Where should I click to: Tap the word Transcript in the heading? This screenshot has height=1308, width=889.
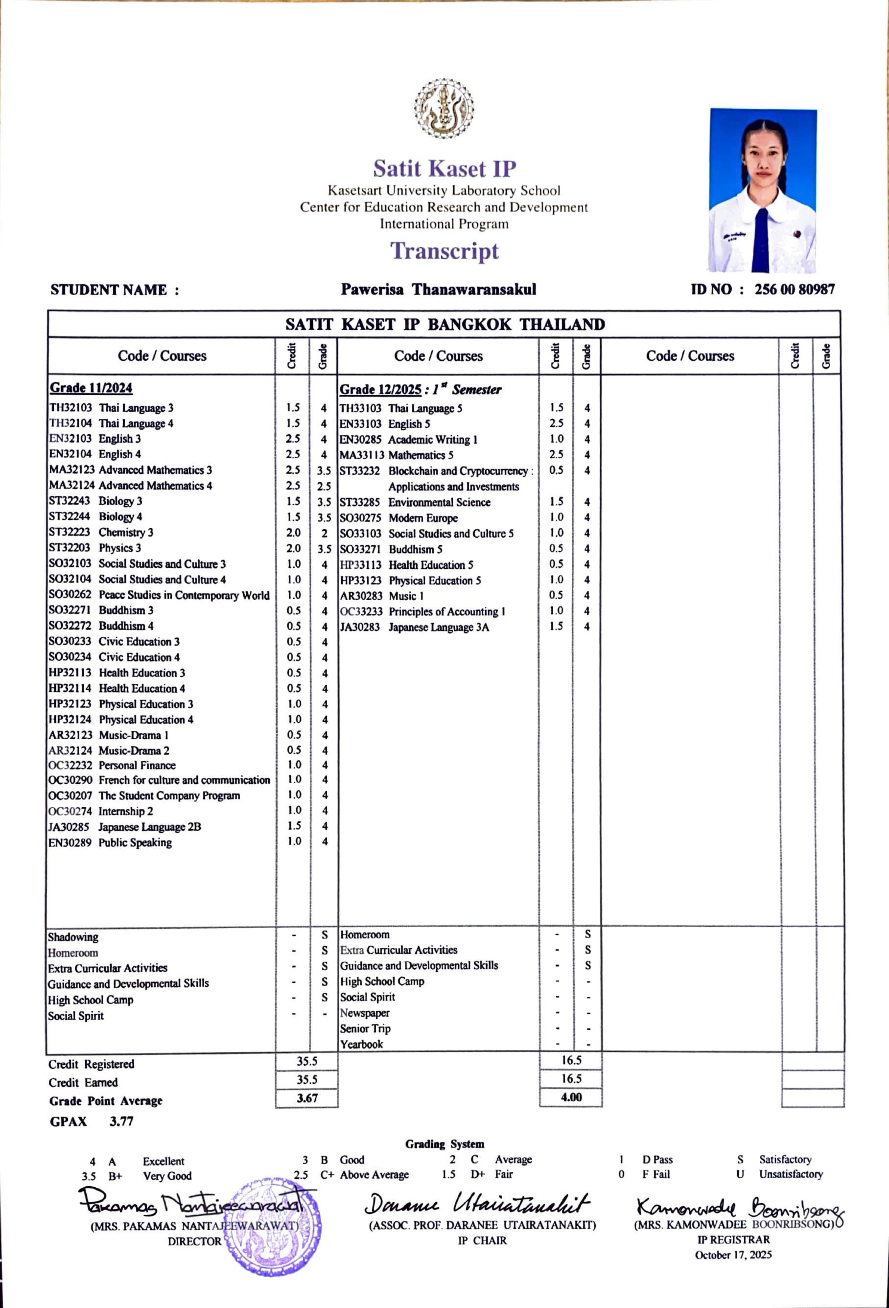click(x=445, y=251)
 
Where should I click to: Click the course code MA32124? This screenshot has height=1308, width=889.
click(x=71, y=485)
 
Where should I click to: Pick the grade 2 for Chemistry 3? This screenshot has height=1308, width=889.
click(x=324, y=533)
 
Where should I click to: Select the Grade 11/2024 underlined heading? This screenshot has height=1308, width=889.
click(x=91, y=388)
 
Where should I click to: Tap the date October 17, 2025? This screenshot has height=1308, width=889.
click(x=733, y=1255)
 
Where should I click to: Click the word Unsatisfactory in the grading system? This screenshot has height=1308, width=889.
click(x=791, y=1174)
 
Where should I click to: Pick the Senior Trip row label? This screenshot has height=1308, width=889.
click(x=365, y=1028)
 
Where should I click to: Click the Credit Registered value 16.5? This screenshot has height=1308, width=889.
click(x=571, y=1060)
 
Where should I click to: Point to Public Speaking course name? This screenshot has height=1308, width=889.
click(x=135, y=843)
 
